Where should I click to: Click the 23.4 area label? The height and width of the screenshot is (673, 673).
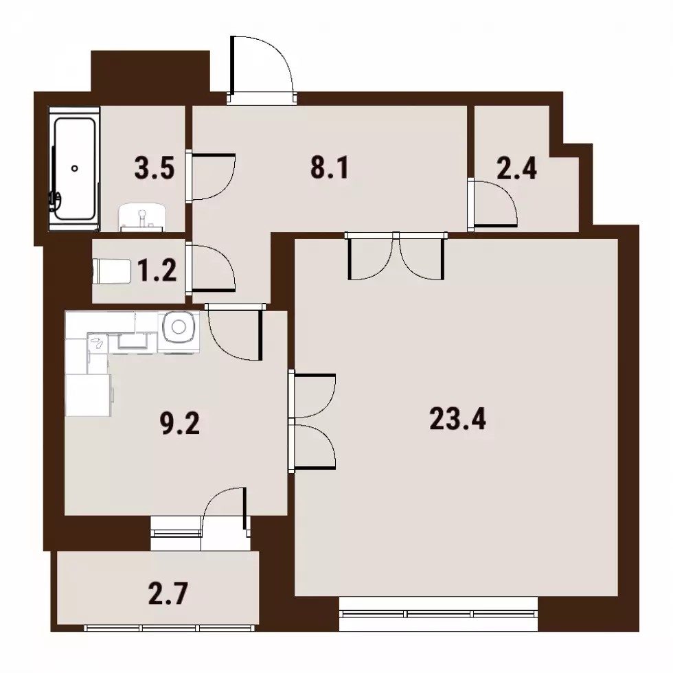457,419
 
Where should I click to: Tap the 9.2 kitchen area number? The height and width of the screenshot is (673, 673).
180,424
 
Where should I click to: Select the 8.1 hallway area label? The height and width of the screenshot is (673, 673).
330,168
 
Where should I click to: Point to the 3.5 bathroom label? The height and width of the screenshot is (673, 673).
155,168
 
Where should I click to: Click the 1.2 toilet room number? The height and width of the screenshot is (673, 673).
157,271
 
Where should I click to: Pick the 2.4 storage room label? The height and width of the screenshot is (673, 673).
516,168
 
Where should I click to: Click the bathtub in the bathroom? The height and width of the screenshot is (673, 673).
74,168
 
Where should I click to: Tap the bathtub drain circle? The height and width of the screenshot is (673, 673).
75,169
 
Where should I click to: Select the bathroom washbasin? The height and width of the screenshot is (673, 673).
142,218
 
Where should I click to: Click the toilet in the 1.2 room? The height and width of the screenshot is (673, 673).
111,271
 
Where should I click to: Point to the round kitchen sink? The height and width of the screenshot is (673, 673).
179,327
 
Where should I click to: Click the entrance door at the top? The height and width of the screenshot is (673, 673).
262,69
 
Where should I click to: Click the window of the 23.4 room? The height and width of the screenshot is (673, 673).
438,614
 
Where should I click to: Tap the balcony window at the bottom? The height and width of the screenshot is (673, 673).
169,628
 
